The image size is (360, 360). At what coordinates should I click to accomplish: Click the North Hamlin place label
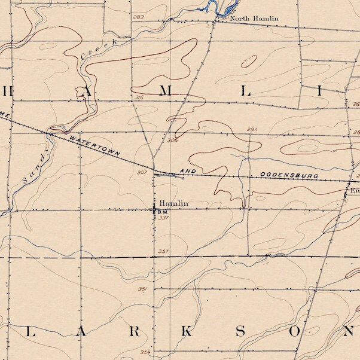[x=255, y=19]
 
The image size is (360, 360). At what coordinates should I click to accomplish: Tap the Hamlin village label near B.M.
[x=173, y=204]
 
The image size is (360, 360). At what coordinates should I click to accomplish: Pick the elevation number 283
[x=139, y=17]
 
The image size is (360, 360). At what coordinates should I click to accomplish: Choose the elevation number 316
[x=139, y=97]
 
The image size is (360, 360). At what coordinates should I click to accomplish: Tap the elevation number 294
[x=251, y=129]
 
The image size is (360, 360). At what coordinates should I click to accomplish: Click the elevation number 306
[x=173, y=141]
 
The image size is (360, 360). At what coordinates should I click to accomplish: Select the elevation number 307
[x=142, y=172]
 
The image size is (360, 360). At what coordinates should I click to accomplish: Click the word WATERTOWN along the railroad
[x=95, y=147]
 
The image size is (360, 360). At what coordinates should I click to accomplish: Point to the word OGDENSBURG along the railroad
[x=289, y=176]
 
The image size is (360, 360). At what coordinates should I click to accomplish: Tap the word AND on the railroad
[x=188, y=171]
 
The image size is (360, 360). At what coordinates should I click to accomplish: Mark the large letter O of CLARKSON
[x=295, y=332]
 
